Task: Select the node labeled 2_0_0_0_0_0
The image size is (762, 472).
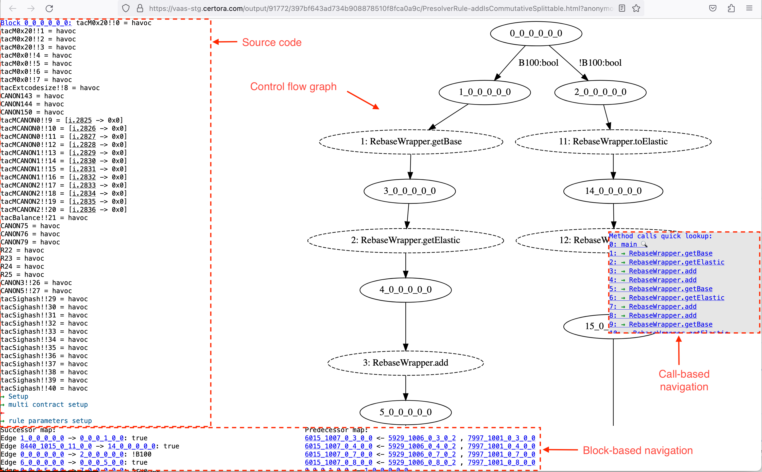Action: (x=600, y=92)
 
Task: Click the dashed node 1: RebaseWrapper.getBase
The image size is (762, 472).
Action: (x=411, y=142)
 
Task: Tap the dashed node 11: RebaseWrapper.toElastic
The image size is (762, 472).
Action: (x=613, y=142)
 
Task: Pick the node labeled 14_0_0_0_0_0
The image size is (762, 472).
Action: (x=613, y=191)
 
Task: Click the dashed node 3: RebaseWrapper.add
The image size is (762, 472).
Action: (x=405, y=363)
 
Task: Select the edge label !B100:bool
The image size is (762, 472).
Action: (x=600, y=63)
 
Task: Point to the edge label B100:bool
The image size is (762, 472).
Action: (x=538, y=63)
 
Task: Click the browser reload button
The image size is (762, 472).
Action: (x=49, y=8)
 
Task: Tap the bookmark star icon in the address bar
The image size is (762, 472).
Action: (x=636, y=8)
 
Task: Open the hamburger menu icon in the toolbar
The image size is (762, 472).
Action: (x=749, y=8)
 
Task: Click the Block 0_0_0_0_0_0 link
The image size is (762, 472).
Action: (x=36, y=23)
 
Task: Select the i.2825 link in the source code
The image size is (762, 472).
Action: (x=80, y=121)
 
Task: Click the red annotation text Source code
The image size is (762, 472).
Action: (x=271, y=42)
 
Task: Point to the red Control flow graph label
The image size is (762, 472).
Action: (x=293, y=87)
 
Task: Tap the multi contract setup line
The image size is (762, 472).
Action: (x=48, y=404)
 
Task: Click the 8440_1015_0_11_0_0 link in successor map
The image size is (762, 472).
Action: (x=56, y=446)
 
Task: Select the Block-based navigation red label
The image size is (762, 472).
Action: (x=637, y=450)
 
